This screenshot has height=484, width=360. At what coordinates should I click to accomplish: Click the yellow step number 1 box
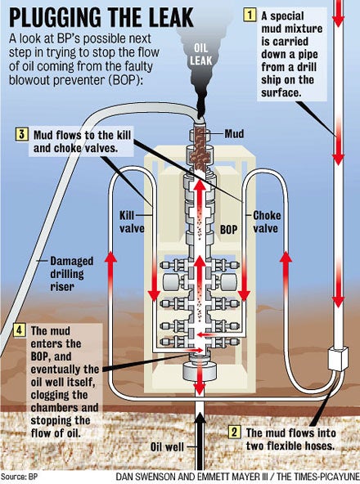250,15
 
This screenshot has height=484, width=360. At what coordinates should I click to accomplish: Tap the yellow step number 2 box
234,432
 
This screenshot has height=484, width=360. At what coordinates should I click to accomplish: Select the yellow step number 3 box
21,135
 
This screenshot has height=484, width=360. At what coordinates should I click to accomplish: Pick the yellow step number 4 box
19,330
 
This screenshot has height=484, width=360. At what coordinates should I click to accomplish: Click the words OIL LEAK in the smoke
200,54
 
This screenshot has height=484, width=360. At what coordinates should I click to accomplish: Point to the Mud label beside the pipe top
234,133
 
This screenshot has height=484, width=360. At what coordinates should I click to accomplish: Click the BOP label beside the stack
228,230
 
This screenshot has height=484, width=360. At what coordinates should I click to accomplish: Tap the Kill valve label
132,222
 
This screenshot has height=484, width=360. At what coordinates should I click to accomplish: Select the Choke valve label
267,222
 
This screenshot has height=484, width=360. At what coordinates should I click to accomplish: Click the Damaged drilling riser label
72,274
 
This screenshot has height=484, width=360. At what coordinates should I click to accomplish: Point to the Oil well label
167,446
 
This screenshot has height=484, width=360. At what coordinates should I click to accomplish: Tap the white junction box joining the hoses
337,358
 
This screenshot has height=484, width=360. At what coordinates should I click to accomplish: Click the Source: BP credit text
19,477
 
